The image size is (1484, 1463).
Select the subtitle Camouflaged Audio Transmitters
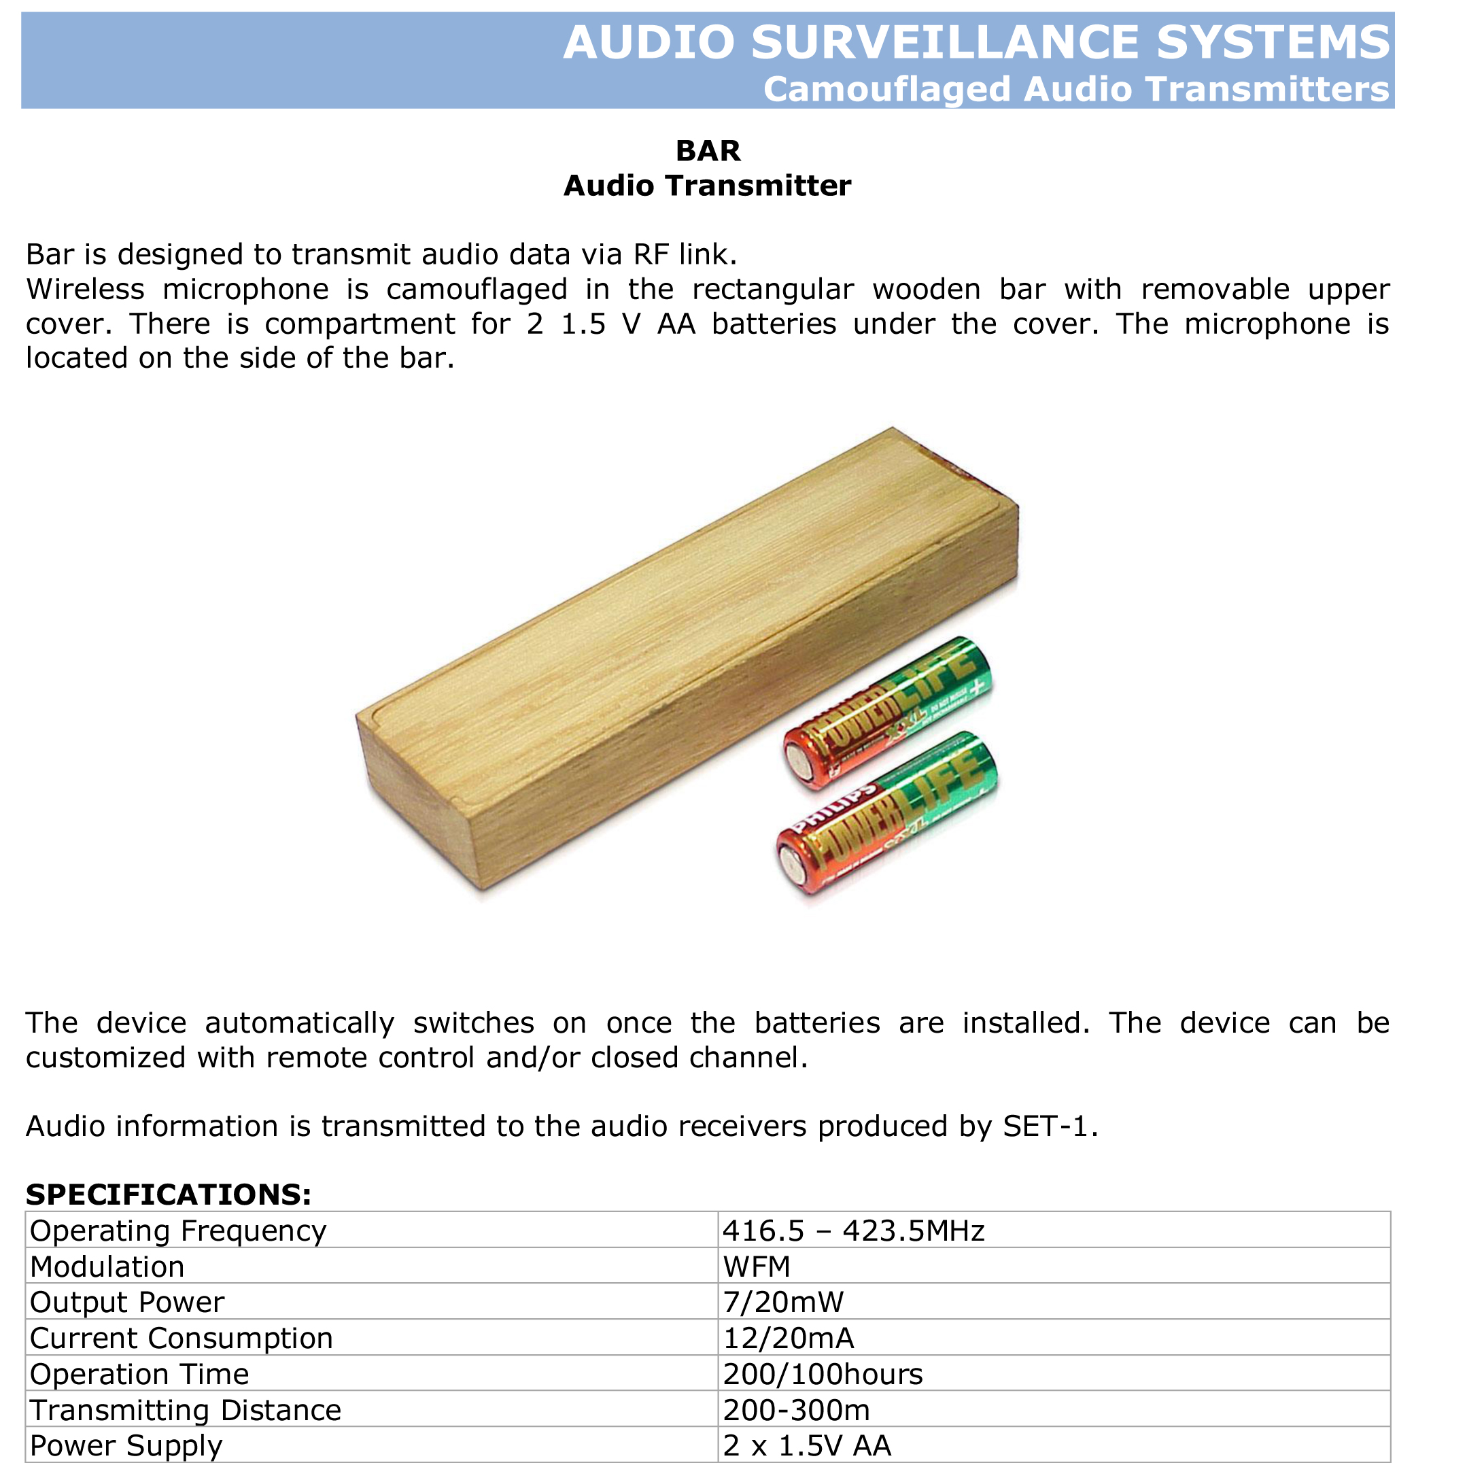click(1075, 89)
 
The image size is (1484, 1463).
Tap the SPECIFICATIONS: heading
click(168, 1195)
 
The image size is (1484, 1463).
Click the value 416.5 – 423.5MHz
click(852, 1231)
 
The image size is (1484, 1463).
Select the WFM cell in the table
click(757, 1267)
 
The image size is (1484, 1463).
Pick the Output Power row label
click(126, 1303)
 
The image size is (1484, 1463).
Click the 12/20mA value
click(788, 1339)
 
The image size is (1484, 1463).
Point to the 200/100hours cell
click(823, 1375)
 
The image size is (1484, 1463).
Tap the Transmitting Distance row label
click(185, 1411)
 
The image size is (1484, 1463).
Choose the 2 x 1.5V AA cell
click(806, 1446)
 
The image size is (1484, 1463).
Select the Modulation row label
click(107, 1267)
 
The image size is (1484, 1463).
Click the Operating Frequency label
click(177, 1231)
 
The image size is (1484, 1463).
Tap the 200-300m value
click(797, 1411)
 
